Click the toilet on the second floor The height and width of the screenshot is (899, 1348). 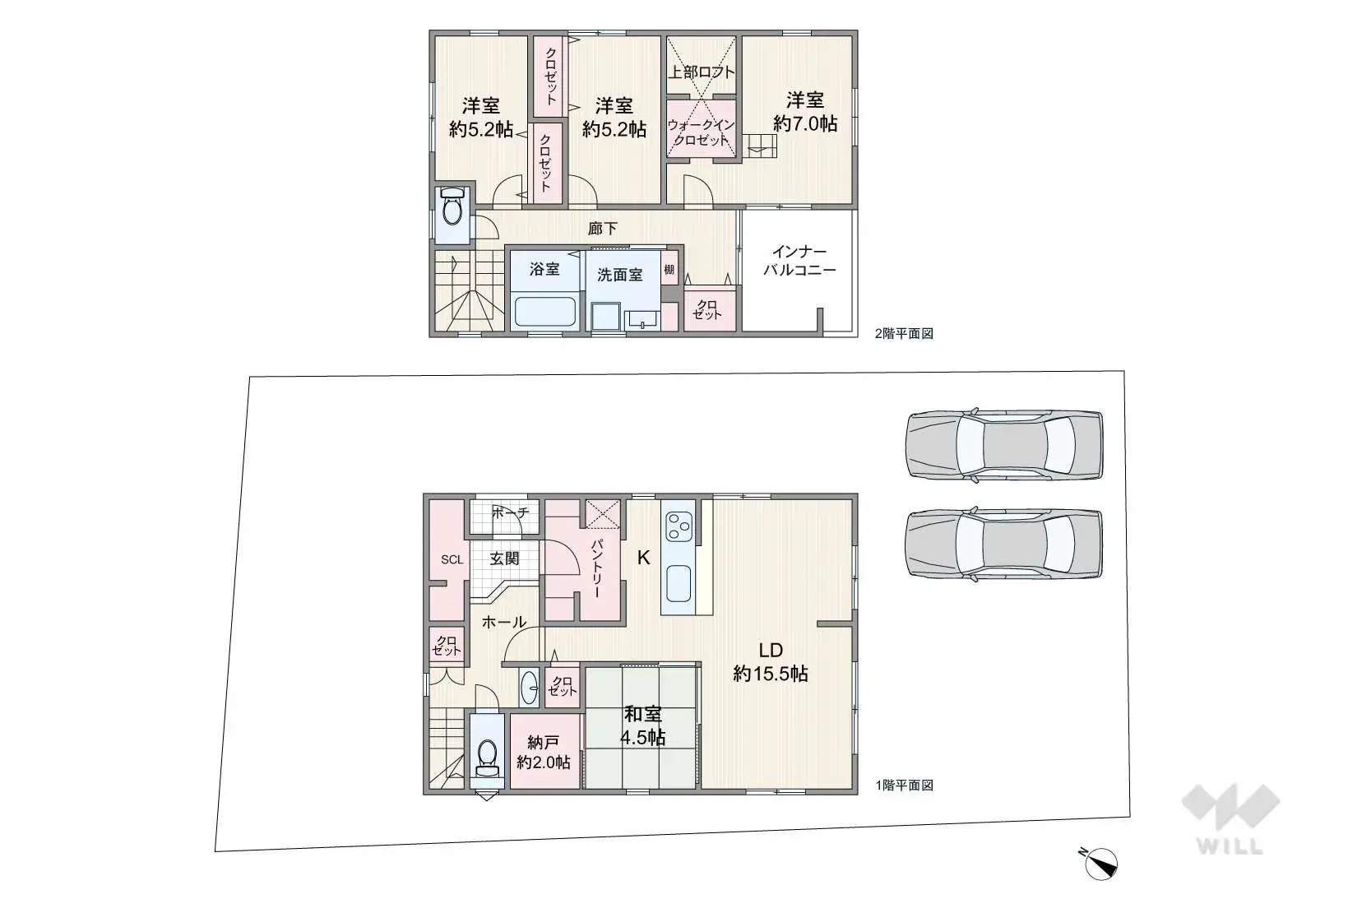[x=452, y=209]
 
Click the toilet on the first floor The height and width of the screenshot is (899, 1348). [x=487, y=757]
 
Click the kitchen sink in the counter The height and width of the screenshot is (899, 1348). [x=679, y=585]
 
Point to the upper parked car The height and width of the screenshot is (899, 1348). [x=1003, y=445]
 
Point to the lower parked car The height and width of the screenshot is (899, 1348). [x=1003, y=544]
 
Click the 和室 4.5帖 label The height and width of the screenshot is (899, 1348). [x=642, y=725]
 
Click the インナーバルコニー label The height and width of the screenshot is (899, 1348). [x=799, y=261]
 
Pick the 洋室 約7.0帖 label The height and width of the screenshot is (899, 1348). [x=804, y=112]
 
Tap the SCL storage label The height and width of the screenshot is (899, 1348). [x=452, y=560]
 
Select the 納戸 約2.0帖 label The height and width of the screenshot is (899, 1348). [x=543, y=753]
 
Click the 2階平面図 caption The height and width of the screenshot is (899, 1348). [x=903, y=333]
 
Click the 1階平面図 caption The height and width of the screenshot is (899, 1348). [x=903, y=785]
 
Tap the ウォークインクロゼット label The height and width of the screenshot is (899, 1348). [x=700, y=132]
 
